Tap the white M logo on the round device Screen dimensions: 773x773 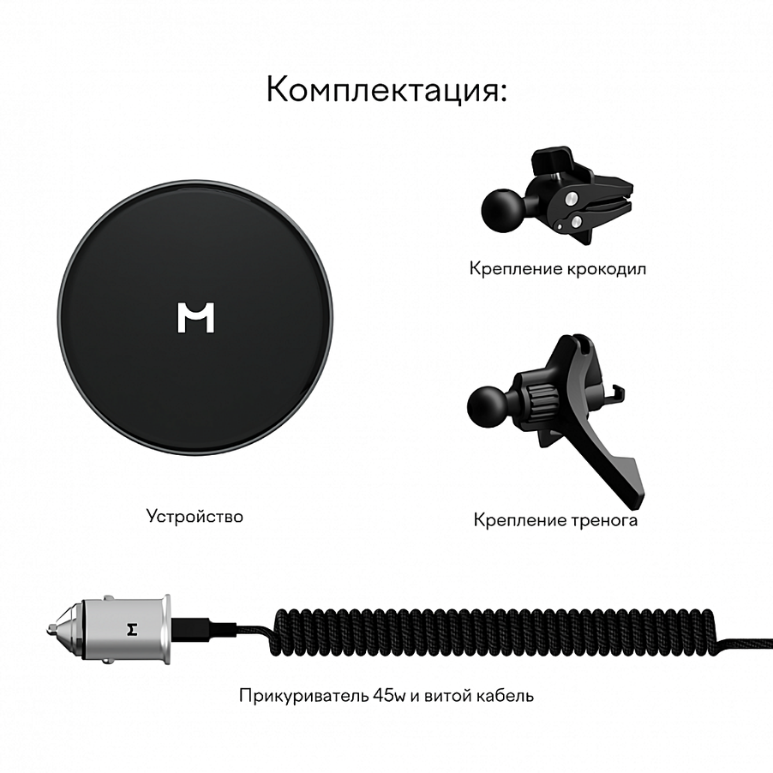(x=196, y=317)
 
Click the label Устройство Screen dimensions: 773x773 (x=195, y=516)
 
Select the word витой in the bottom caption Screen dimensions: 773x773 (x=447, y=695)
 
